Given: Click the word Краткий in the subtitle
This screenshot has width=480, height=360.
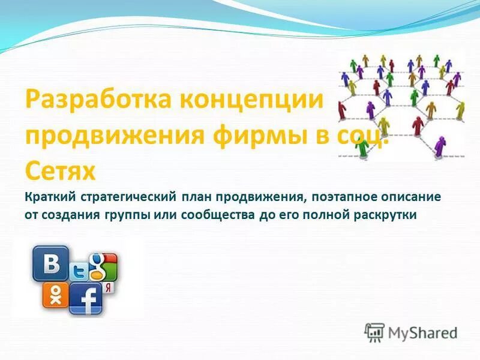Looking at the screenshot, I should (x=49, y=196).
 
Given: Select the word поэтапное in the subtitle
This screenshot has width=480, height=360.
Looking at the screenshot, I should (x=337, y=196).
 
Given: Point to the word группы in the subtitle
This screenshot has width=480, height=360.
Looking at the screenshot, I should (x=121, y=214).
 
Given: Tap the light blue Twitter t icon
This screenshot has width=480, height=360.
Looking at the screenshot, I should (x=79, y=271).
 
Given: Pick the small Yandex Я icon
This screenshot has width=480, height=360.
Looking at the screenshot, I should (x=108, y=288).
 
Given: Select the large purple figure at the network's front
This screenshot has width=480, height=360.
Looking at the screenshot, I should (x=440, y=145).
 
